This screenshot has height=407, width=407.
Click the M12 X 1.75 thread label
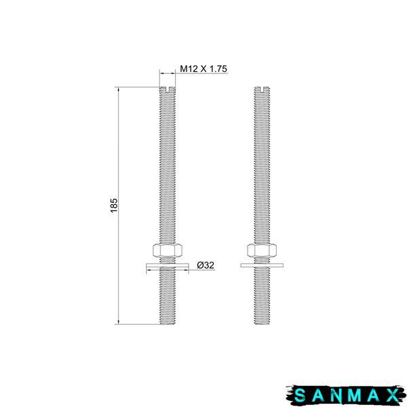click(x=203, y=69)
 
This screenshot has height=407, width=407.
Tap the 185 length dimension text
click(x=114, y=206)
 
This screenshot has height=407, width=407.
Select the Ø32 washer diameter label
click(x=206, y=265)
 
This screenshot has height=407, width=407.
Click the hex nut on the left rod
click(x=168, y=250)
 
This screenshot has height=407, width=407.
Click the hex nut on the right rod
click(x=262, y=250)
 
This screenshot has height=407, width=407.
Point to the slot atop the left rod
click(x=168, y=90)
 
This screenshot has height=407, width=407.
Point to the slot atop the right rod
click(x=262, y=90)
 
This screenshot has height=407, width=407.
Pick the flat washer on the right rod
click(x=262, y=265)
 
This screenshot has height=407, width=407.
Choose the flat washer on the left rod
click(x=168, y=265)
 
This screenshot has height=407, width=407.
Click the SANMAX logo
click(x=346, y=395)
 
